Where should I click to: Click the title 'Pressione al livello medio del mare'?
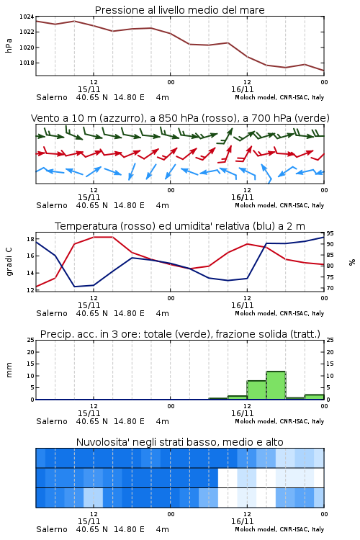pos(179,10)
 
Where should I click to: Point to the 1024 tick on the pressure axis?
pos(27,17)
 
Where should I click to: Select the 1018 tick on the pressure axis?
pos(27,63)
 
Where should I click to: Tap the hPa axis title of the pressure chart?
pos(9,45)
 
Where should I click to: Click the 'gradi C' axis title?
pos(9,261)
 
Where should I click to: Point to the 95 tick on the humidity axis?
pos(330,233)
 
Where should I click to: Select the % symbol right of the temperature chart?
pos(352,262)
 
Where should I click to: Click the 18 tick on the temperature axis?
pos(30,239)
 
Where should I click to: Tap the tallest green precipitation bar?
pos(276,385)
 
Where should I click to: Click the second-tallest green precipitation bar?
pos(256,390)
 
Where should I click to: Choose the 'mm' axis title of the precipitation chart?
pos(9,370)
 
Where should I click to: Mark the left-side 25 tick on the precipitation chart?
pos(31,340)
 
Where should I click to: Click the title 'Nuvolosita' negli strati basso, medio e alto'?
pos(179,442)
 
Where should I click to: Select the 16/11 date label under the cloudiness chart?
pos(242,521)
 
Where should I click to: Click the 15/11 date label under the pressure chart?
pos(89,89)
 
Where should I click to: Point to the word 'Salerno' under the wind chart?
pos(52,205)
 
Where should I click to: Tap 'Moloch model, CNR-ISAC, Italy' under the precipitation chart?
pos(279,421)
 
